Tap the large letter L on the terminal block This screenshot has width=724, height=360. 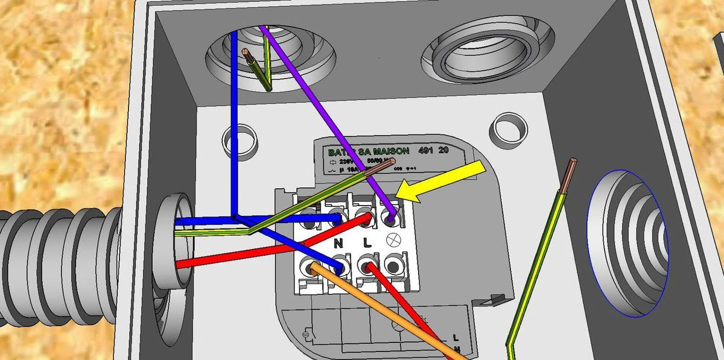coord(366,244)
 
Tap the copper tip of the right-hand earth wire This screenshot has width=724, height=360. coord(571,164)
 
